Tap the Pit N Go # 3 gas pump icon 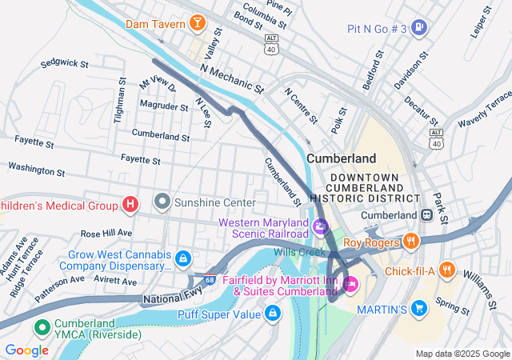tap(420, 29)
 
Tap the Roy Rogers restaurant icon tap(410, 242)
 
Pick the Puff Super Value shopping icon tap(273, 313)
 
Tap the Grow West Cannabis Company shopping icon tap(183, 258)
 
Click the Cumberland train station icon tap(426, 215)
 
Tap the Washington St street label tap(36, 170)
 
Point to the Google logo tap(26, 350)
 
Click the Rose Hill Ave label tap(106, 233)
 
